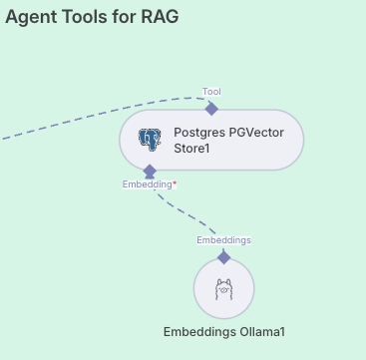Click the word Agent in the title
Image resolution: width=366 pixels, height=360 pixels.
[32, 17]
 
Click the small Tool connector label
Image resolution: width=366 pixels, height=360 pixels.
[211, 92]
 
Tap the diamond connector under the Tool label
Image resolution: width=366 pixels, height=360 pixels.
[211, 109]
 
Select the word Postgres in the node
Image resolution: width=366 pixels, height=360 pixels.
[199, 132]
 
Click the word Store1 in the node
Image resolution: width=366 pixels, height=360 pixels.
[196, 150]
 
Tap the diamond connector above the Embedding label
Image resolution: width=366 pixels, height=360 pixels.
[150, 172]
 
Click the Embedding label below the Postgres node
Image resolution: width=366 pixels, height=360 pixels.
[147, 184]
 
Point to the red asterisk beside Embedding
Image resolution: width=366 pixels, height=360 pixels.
[175, 183]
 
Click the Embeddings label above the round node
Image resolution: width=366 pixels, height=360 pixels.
[223, 240]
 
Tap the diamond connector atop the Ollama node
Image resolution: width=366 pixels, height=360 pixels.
[223, 257]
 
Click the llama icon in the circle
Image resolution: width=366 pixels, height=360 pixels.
[223, 289]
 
